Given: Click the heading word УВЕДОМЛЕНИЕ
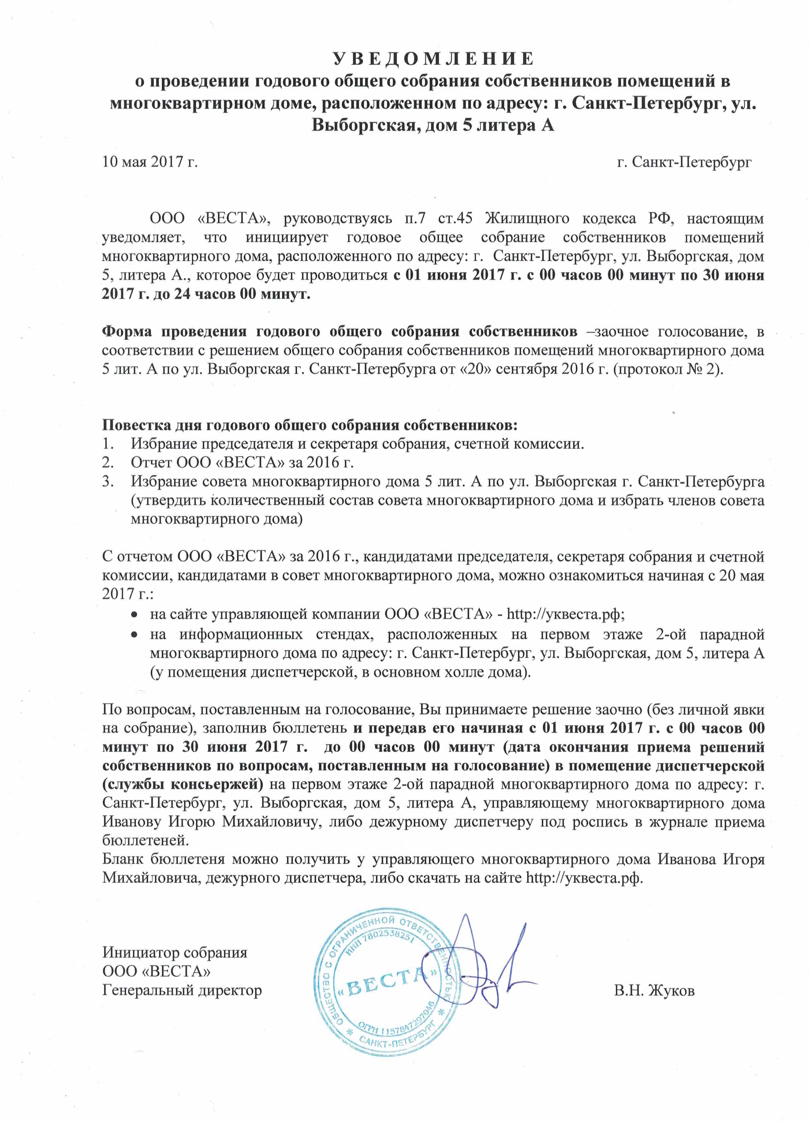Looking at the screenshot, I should (433, 59).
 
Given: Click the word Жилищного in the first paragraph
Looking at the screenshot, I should (526, 218).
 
